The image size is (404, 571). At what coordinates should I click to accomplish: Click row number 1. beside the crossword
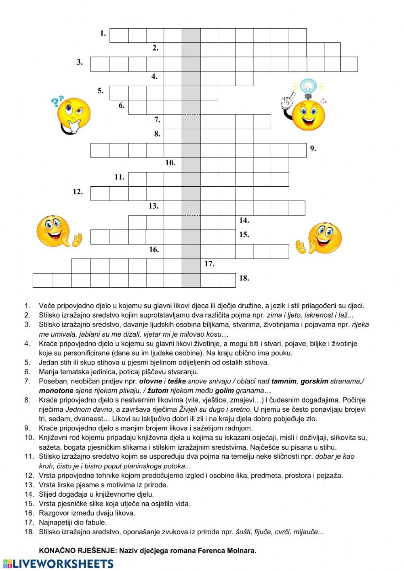pyautogui.click(x=103, y=34)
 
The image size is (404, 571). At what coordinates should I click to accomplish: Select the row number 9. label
pyautogui.click(x=313, y=149)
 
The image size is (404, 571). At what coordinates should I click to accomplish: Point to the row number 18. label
pyautogui.click(x=244, y=278)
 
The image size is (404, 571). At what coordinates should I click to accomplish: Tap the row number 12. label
pyautogui.click(x=78, y=192)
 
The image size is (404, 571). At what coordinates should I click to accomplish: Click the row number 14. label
pyautogui.click(x=244, y=220)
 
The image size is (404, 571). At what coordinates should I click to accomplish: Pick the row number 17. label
pyautogui.click(x=209, y=264)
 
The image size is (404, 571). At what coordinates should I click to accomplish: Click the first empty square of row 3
pyautogui.click(x=100, y=64)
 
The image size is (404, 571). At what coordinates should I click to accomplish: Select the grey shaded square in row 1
pyautogui.click(x=191, y=36)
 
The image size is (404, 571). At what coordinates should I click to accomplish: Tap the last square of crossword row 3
pyautogui.click(x=349, y=64)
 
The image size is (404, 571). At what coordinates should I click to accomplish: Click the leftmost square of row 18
pyautogui.click(x=42, y=280)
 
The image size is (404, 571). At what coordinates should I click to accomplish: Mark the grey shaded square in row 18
pyautogui.click(x=191, y=280)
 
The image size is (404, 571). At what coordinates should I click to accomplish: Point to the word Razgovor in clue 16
pyautogui.click(x=53, y=513)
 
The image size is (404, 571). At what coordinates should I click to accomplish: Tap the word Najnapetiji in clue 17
pyautogui.click(x=56, y=523)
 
